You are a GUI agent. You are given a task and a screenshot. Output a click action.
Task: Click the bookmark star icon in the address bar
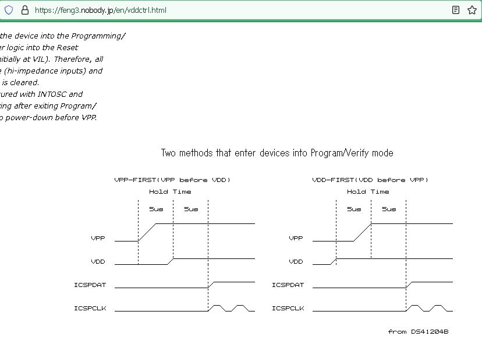pos(472,10)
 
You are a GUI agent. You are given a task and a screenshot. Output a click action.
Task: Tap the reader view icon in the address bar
pos(456,10)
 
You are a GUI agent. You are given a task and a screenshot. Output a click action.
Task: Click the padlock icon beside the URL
pos(24,10)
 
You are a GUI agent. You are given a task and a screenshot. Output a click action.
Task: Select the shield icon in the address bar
pos(9,10)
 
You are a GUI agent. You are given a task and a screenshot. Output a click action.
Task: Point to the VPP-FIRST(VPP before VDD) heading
pos(172,180)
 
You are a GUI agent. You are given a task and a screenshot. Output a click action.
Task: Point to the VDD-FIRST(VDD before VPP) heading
pos(370,180)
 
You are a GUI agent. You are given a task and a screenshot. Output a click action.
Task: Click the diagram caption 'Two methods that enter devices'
pos(277,153)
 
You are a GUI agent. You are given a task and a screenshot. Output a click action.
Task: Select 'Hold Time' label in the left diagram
pos(170,192)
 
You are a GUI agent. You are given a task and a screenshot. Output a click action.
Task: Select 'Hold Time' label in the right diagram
pos(368,192)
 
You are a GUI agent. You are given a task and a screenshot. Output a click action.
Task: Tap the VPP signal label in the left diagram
pos(98,239)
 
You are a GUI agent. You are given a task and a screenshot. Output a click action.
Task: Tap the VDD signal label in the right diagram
pos(296,262)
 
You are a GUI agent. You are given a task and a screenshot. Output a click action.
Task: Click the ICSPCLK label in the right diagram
pos(288,309)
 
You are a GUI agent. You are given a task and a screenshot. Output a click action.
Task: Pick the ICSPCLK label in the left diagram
pos(90,309)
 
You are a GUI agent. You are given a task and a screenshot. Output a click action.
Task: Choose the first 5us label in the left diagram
pos(156,209)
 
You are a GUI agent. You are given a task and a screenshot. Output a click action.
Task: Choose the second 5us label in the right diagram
pos(389,209)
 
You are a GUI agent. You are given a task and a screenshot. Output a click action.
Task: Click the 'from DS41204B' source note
pos(418,332)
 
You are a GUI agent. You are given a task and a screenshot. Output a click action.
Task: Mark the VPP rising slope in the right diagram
pos(363,232)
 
